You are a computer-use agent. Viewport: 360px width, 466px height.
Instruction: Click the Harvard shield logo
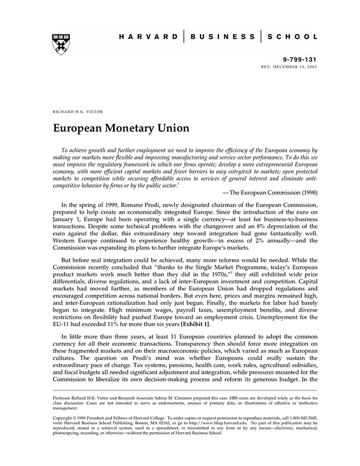(61, 45)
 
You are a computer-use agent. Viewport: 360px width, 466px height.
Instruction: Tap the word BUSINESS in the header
(222, 37)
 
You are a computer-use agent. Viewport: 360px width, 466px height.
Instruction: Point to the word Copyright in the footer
(65, 418)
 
